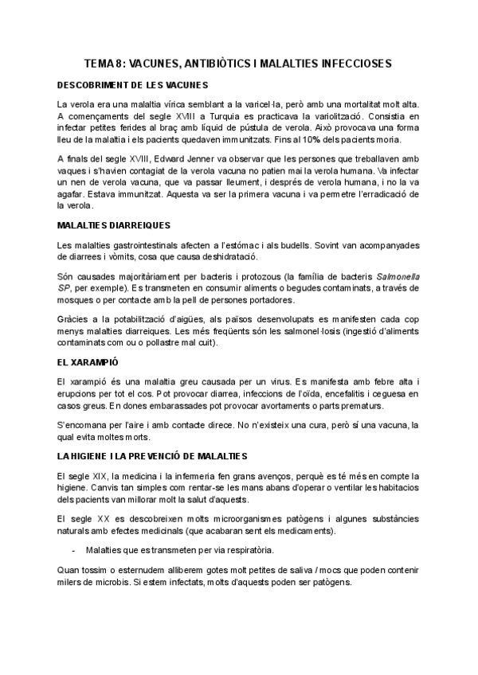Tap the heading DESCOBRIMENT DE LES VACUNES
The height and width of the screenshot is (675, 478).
[x=132, y=84]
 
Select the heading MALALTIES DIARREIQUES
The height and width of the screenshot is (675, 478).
[x=114, y=225]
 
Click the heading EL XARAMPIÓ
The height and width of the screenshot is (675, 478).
[x=88, y=362]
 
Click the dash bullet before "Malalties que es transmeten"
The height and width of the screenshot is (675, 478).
[x=73, y=550]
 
